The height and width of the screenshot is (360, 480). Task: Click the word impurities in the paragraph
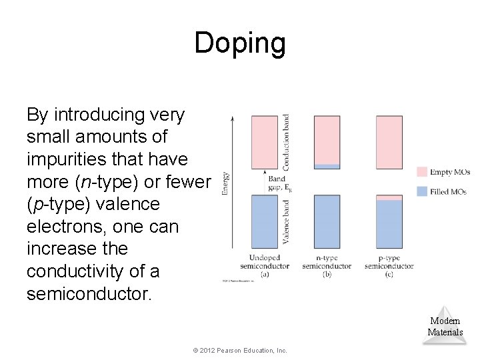tap(60, 160)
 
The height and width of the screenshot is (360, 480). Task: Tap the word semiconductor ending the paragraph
tap(89, 294)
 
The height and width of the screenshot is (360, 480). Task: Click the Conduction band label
tap(286, 141)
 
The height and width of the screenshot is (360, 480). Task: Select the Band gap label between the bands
tap(279, 183)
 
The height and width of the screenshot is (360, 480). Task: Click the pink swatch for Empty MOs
tap(421, 172)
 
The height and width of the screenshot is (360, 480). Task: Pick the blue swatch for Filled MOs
tap(421, 191)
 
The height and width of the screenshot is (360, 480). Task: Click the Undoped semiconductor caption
tap(269, 265)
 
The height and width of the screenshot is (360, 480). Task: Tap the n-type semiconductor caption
tap(327, 265)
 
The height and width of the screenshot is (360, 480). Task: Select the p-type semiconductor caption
tap(389, 265)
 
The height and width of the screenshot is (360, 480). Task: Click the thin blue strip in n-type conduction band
tap(327, 167)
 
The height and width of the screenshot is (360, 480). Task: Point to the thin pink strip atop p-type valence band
tap(389, 197)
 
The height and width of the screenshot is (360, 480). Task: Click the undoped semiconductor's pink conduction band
tap(264, 141)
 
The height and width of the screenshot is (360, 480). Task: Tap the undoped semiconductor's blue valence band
tap(264, 222)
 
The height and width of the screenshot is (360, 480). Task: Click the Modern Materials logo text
tap(445, 327)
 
